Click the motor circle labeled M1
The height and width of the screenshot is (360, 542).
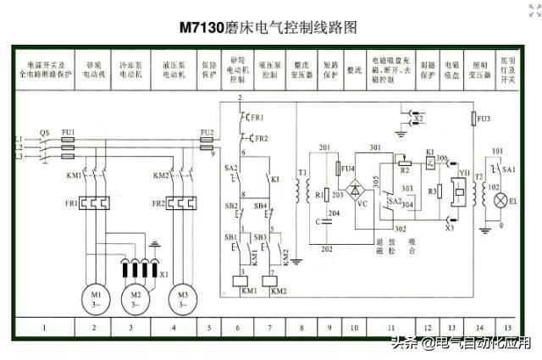[94, 297]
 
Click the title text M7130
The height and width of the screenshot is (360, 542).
[201, 27]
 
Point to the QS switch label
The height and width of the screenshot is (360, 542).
[45, 132]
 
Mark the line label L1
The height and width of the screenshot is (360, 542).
[18, 138]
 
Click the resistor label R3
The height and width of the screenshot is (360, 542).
[432, 191]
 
